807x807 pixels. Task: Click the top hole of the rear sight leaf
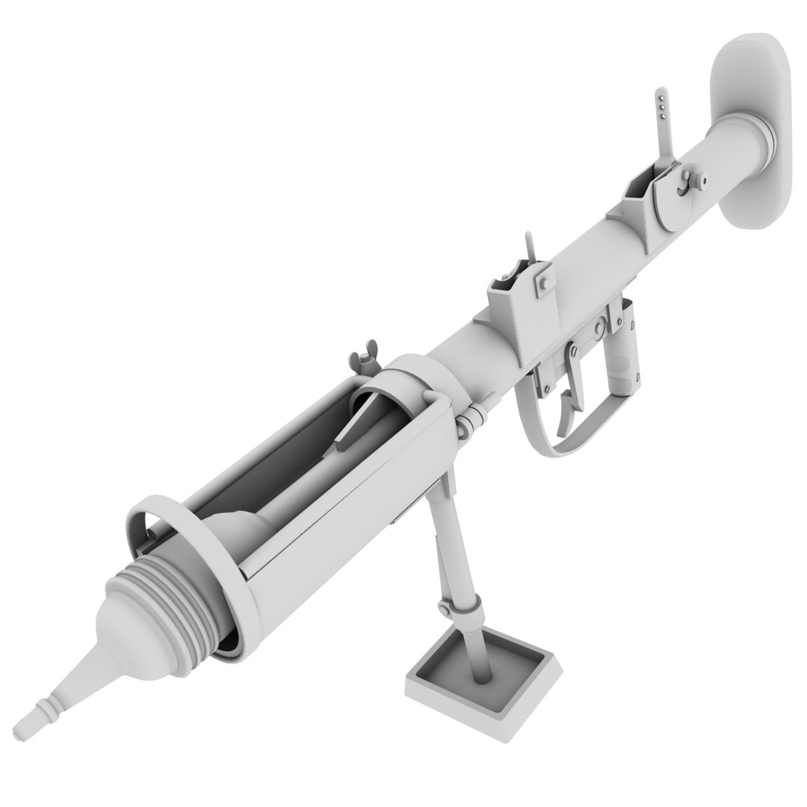tap(660, 95)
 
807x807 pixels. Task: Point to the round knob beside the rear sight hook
tap(702, 179)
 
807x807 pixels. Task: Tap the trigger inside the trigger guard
tap(568, 407)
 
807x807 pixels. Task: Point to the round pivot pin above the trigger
tap(598, 330)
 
